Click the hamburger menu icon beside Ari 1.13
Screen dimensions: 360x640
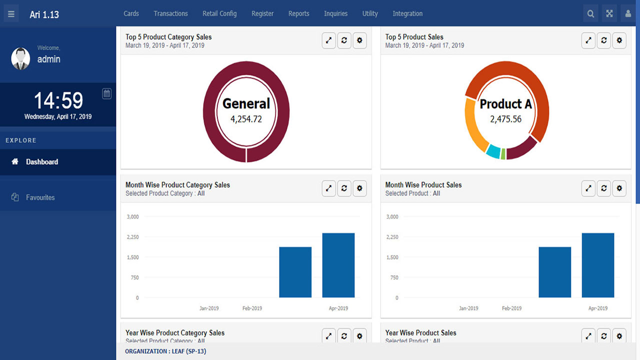[11, 14]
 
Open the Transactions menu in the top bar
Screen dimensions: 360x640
[170, 13]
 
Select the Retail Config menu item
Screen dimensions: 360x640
[219, 13]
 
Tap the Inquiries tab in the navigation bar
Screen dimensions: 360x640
[335, 13]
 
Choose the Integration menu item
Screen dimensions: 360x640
[407, 13]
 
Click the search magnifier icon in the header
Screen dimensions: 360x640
[590, 14]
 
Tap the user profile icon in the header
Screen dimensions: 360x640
[628, 14]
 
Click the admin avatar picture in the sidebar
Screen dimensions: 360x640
[20, 58]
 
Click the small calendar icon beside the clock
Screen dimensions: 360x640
[106, 93]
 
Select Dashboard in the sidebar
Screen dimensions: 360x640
[42, 162]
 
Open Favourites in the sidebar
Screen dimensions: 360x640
[40, 197]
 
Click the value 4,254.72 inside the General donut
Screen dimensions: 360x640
[246, 119]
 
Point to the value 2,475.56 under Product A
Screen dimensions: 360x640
[505, 119]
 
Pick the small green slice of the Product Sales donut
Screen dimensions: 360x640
[503, 154]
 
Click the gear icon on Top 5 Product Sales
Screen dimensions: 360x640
[619, 40]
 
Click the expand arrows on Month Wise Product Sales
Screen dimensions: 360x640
[588, 188]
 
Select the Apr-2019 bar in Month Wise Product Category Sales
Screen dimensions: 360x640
[338, 265]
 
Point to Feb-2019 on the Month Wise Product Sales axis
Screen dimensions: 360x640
[511, 308]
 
